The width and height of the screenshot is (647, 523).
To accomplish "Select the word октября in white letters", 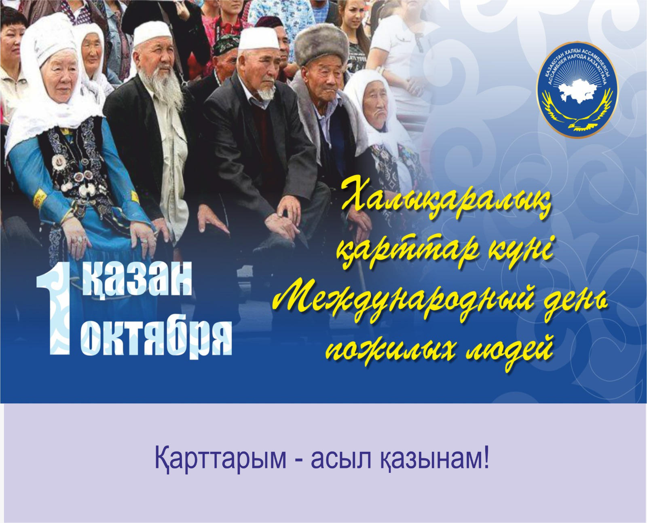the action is [x=156, y=340].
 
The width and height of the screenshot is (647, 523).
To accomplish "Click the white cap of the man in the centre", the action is [x=258, y=38].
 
